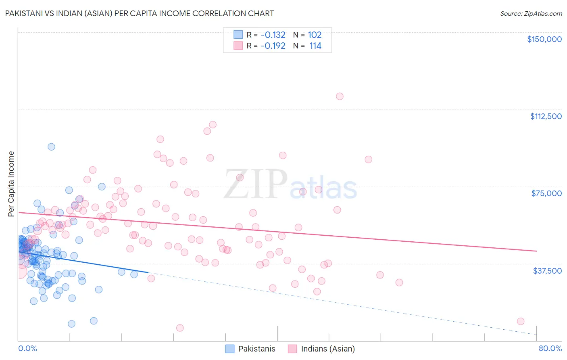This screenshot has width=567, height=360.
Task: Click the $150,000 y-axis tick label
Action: point(544,39)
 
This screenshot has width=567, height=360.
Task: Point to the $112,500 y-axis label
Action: point(546,116)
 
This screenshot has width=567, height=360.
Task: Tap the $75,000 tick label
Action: point(546,193)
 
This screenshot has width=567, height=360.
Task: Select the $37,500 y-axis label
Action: point(547,271)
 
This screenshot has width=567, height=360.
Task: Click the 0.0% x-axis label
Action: point(27,348)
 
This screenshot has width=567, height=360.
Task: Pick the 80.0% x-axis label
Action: point(550,348)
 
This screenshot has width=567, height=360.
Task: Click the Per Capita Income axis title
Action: point(11,184)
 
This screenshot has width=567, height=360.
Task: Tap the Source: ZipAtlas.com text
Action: point(531,14)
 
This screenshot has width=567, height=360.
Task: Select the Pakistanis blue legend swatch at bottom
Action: point(230,349)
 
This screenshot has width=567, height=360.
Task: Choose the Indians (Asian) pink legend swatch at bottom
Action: point(292,349)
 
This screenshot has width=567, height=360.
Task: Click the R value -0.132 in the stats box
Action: point(273,35)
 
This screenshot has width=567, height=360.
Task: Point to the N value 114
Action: point(315,46)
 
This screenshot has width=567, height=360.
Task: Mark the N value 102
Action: point(315,35)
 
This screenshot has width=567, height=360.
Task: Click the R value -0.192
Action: point(273,46)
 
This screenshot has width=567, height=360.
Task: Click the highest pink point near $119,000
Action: point(340,96)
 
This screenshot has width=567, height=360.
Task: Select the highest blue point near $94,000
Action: point(51,147)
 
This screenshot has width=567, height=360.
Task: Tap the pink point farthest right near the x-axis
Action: point(521,321)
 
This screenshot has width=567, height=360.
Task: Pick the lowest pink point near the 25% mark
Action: point(180,328)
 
